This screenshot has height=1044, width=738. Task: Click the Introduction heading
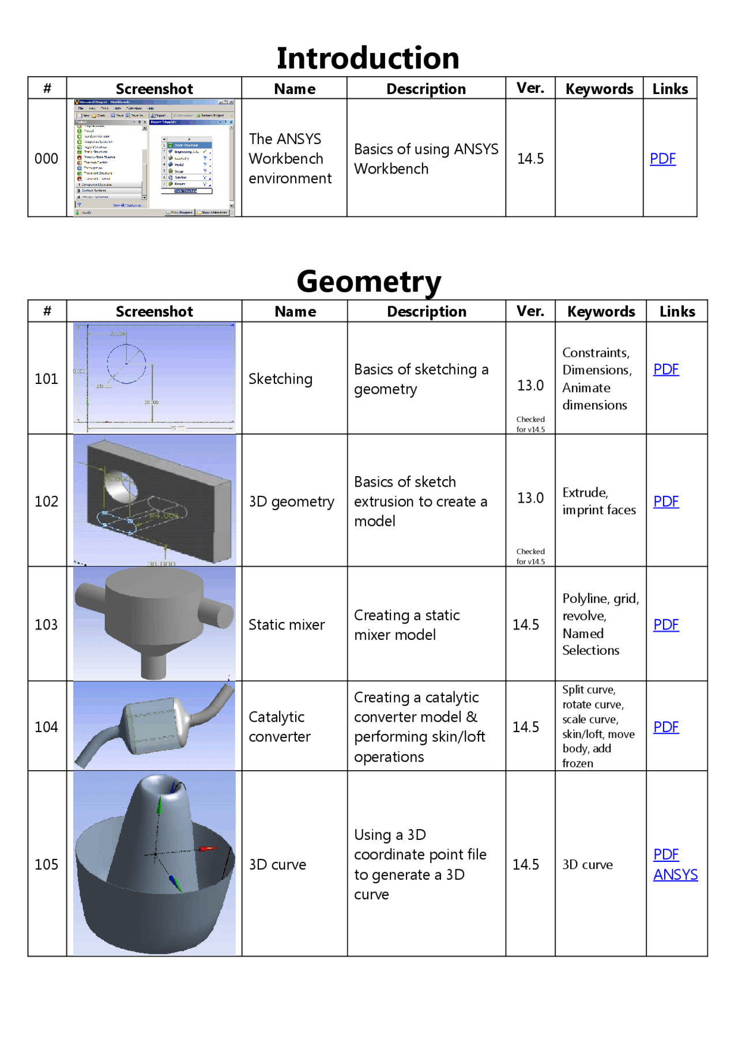point(368,58)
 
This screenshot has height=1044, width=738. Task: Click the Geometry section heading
point(368,281)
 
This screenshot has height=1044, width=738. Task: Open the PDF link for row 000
point(662,159)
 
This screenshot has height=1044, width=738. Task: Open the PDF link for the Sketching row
point(665,369)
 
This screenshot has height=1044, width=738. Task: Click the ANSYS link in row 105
point(675,875)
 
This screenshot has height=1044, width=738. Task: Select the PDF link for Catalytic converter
point(665,727)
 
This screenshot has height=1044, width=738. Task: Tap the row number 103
point(46,624)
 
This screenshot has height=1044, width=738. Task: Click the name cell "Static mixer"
point(287,624)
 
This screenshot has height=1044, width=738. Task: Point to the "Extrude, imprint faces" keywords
point(598,501)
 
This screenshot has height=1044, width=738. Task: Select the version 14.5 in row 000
point(530,159)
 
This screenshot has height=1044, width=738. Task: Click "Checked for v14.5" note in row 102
point(530,556)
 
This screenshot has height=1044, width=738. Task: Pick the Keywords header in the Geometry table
point(601,311)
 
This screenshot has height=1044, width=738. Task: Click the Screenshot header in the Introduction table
point(154,89)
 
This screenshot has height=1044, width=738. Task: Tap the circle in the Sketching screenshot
point(126,364)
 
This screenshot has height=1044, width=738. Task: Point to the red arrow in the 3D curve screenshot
point(208,849)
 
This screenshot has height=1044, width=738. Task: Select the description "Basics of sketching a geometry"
point(421,379)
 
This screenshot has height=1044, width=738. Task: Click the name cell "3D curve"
point(277,864)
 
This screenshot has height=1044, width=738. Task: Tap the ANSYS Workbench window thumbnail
point(154,158)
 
